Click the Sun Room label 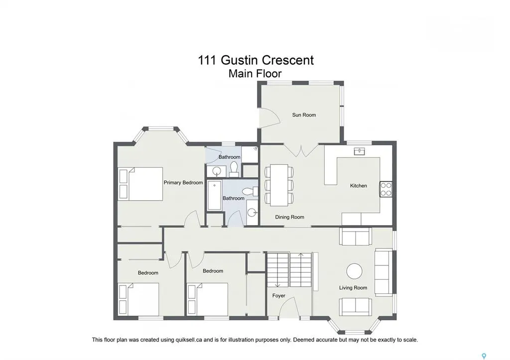click(x=304, y=115)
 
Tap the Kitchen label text click(x=359, y=186)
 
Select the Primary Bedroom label click(x=183, y=182)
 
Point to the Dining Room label click(x=289, y=217)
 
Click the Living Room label click(x=353, y=287)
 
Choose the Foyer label click(x=279, y=296)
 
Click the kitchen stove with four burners click(x=386, y=189)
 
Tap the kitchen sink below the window click(x=360, y=151)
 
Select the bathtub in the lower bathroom click(x=214, y=195)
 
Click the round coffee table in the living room click(x=354, y=271)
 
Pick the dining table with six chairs click(x=279, y=185)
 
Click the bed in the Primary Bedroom click(x=141, y=184)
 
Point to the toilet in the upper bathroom click(x=234, y=169)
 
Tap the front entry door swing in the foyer click(x=287, y=307)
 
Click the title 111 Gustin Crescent click(x=256, y=60)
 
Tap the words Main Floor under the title click(x=255, y=74)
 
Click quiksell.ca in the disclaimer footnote click(x=188, y=340)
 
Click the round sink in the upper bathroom click(x=216, y=170)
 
